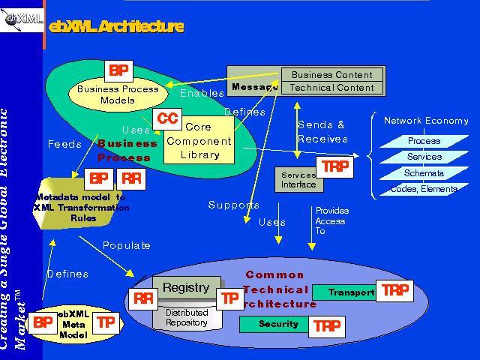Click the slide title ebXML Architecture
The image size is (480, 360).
[115, 27]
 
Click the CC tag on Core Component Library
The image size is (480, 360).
[167, 118]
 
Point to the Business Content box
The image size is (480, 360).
[331, 74]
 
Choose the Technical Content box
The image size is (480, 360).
[331, 88]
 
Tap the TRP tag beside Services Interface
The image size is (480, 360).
[334, 167]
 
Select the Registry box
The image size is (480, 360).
[186, 288]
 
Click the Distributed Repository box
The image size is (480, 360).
[187, 317]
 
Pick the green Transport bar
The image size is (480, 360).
[344, 292]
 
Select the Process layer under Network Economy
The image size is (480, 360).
[424, 141]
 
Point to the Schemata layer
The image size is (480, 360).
[424, 173]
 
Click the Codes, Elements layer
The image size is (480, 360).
[424, 190]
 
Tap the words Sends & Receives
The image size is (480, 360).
[322, 131]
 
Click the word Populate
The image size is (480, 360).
[127, 245]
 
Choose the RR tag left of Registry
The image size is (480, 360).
[142, 298]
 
